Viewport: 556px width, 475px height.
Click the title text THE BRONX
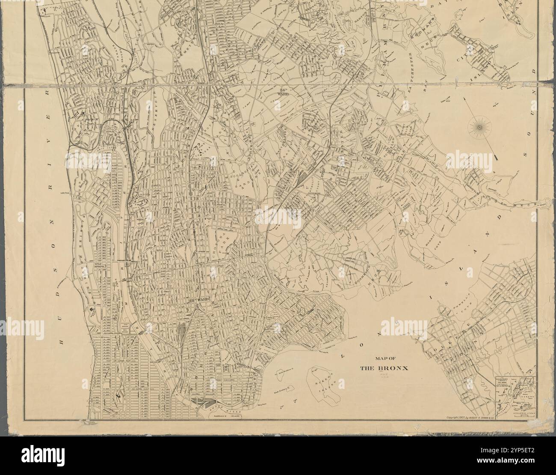pyautogui.click(x=384, y=368)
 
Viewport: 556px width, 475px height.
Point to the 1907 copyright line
pyautogui.click(x=469, y=418)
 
